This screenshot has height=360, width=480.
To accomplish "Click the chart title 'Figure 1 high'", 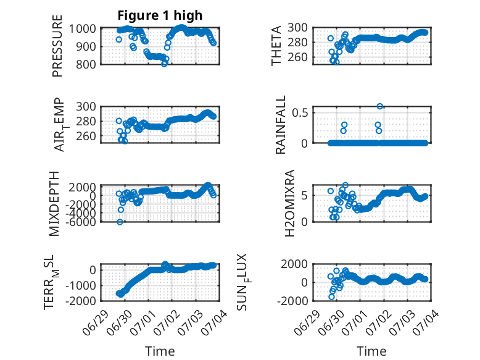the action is [160, 15].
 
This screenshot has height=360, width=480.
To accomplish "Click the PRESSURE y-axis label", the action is [57, 46].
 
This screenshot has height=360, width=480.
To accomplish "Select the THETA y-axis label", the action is [276, 46].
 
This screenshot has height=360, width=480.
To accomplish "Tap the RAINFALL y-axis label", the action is [280, 125].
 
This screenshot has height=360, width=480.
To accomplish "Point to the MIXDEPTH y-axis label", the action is [54, 204].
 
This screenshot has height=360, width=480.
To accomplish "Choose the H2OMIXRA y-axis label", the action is [289, 203].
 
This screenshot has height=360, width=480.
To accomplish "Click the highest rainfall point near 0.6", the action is [379, 106].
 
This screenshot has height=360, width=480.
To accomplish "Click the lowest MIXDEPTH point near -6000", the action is [120, 222].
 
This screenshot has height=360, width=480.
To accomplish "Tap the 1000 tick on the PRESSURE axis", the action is [82, 29].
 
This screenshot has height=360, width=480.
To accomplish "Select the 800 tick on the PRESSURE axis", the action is [86, 64].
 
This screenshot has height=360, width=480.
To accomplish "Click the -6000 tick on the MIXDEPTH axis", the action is [82, 222].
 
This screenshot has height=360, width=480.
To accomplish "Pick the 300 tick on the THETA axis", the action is [297, 28].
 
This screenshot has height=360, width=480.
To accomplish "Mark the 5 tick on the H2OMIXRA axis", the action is [304, 196].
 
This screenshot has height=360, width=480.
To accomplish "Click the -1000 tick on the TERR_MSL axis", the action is [80, 285].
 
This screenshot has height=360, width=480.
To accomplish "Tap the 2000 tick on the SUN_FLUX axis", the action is [294, 264].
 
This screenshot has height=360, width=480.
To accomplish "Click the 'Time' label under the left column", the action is [160, 351].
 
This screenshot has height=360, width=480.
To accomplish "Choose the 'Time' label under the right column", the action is [371, 351].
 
